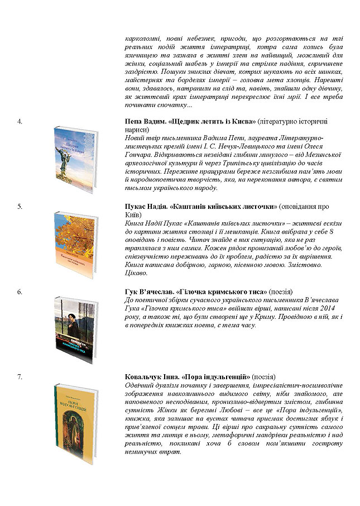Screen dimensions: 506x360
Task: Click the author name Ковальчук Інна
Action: click(149, 377)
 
